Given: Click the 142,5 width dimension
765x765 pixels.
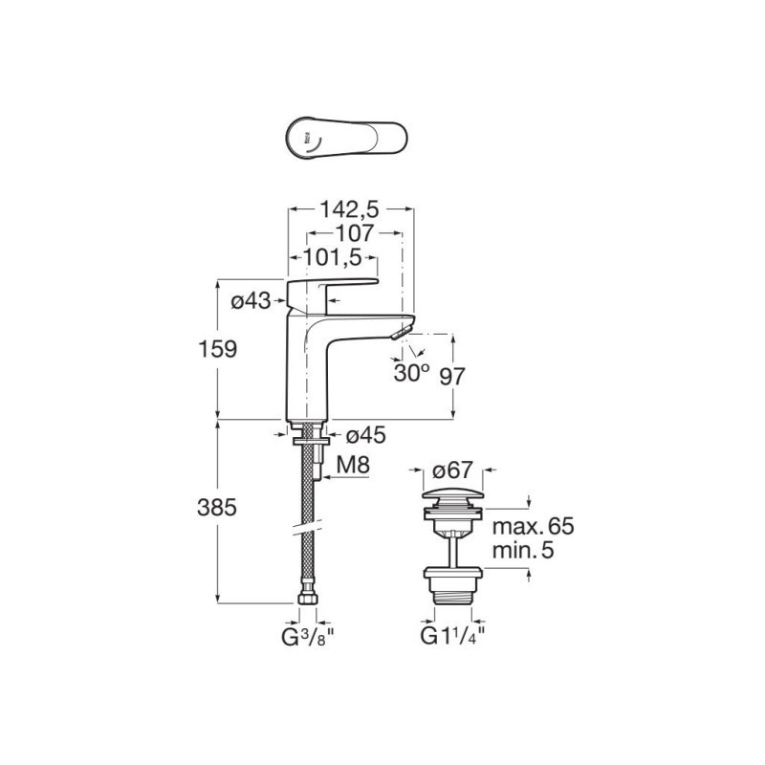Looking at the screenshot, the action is point(349,209).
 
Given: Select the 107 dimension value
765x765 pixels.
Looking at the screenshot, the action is point(354,233).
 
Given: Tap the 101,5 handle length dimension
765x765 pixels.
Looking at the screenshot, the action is point(333,257).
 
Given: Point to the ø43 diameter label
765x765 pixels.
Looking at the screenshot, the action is point(251,301).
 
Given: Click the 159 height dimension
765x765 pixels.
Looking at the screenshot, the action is point(218,349).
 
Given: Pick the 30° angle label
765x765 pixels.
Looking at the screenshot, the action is point(412,373).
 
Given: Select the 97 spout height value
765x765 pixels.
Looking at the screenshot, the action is point(452,376).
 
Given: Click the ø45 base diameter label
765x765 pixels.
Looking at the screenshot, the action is point(365,435).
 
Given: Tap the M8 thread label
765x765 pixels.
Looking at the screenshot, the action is point(353,466).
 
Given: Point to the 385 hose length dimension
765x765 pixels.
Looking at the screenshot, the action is point(217,508).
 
